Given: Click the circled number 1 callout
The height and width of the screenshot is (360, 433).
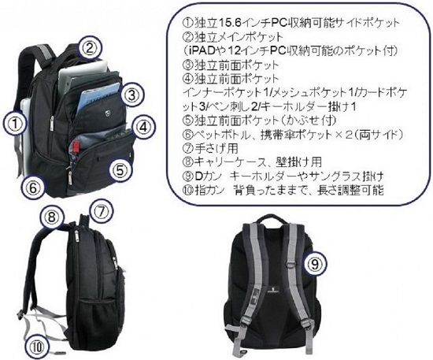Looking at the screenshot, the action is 15,124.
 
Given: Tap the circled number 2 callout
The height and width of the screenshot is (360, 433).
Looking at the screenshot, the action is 89,49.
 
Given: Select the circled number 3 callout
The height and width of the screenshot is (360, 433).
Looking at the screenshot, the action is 132,95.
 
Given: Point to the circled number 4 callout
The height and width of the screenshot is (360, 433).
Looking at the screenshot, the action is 143,128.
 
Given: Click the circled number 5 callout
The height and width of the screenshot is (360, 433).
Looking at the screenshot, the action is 121,170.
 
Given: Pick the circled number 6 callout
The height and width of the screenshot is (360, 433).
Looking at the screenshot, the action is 33,187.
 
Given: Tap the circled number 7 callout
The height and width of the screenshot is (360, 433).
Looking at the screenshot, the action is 101,212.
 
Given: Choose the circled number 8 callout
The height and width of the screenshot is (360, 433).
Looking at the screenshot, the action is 52,217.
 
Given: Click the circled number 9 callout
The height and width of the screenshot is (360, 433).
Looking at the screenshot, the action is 315,263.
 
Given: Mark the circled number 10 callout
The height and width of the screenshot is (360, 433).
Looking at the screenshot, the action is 37,347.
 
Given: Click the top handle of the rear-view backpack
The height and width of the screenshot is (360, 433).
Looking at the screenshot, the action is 270,220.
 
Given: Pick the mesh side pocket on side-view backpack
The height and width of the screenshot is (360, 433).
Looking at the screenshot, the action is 98,309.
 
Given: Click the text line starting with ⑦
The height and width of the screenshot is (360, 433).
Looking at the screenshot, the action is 210,148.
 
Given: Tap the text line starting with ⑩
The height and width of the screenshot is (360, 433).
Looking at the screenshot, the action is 283,191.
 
